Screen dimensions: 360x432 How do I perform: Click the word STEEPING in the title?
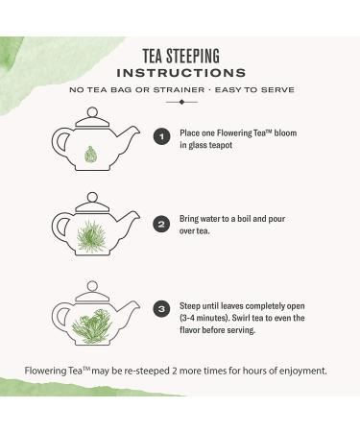pyautogui.click(x=193, y=56)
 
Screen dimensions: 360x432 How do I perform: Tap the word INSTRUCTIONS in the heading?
pyautogui.click(x=181, y=73)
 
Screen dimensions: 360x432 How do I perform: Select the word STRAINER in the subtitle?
pyautogui.click(x=179, y=90)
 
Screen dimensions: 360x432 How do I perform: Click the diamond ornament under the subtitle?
pyautogui.click(x=181, y=102)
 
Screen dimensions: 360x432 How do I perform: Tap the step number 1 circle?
pyautogui.click(x=161, y=137)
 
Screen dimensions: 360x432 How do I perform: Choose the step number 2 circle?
pyautogui.click(x=161, y=225)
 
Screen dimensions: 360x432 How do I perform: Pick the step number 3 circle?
pyautogui.click(x=161, y=309)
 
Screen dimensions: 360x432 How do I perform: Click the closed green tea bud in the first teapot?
pyautogui.click(x=90, y=154)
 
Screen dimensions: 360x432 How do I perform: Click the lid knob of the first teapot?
pyautogui.click(x=92, y=112)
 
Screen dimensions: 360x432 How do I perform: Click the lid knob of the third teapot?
pyautogui.click(x=92, y=286)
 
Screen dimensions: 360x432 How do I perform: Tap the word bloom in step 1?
pyautogui.click(x=285, y=133)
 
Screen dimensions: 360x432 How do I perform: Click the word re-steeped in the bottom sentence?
pyautogui.click(x=147, y=372)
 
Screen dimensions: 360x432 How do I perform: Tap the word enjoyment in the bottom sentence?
pyautogui.click(x=303, y=372)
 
